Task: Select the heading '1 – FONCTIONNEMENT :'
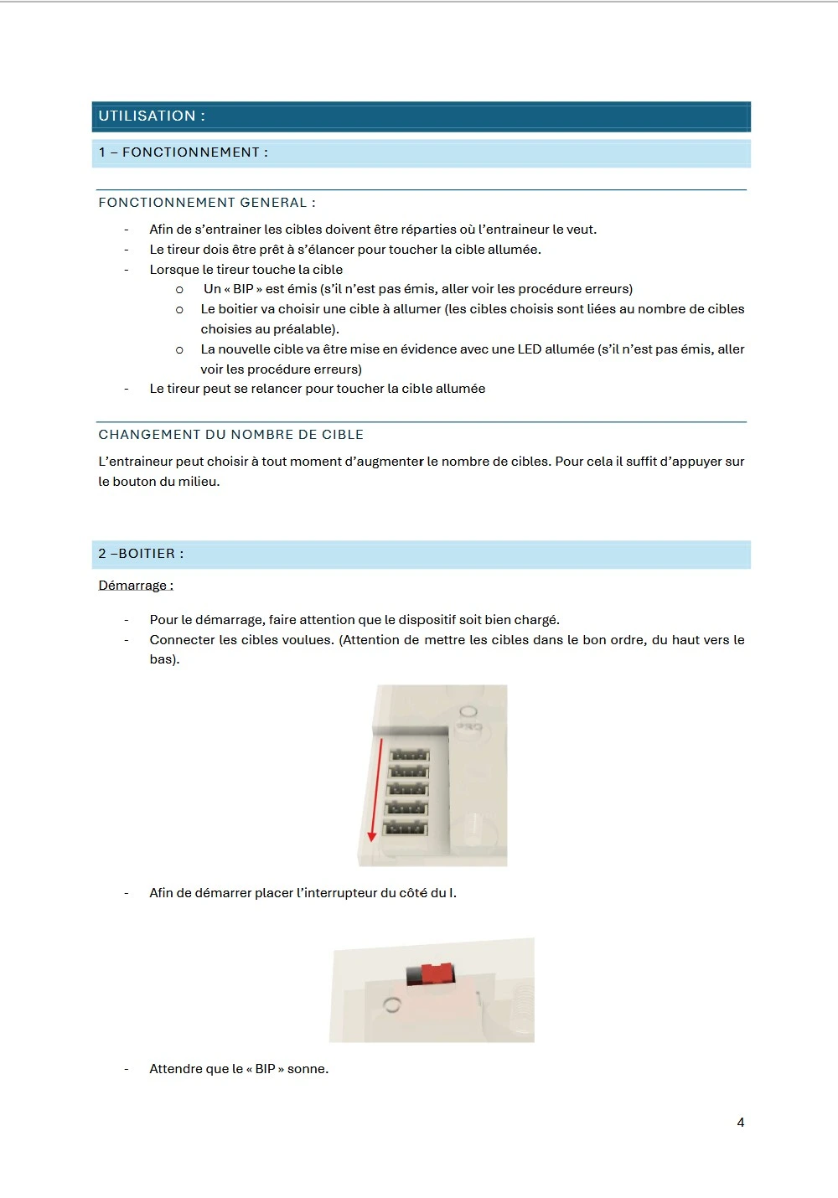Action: pyautogui.click(x=184, y=152)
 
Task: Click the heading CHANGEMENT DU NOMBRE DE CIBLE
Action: pyautogui.click(x=231, y=435)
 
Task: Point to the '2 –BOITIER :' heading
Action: pyautogui.click(x=141, y=554)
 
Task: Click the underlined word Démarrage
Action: pyautogui.click(x=135, y=586)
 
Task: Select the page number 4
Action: pyautogui.click(x=741, y=1123)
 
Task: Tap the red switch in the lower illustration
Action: pyautogui.click(x=436, y=973)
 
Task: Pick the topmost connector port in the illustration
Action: pyautogui.click(x=410, y=755)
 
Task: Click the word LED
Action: pyautogui.click(x=530, y=349)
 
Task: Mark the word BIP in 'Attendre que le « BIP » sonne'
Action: pyautogui.click(x=265, y=1069)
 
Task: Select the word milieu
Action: pyautogui.click(x=198, y=482)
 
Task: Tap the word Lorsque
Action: pyautogui.click(x=174, y=270)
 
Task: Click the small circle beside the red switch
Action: pyautogui.click(x=391, y=1004)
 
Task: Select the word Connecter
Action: pyautogui.click(x=182, y=640)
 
